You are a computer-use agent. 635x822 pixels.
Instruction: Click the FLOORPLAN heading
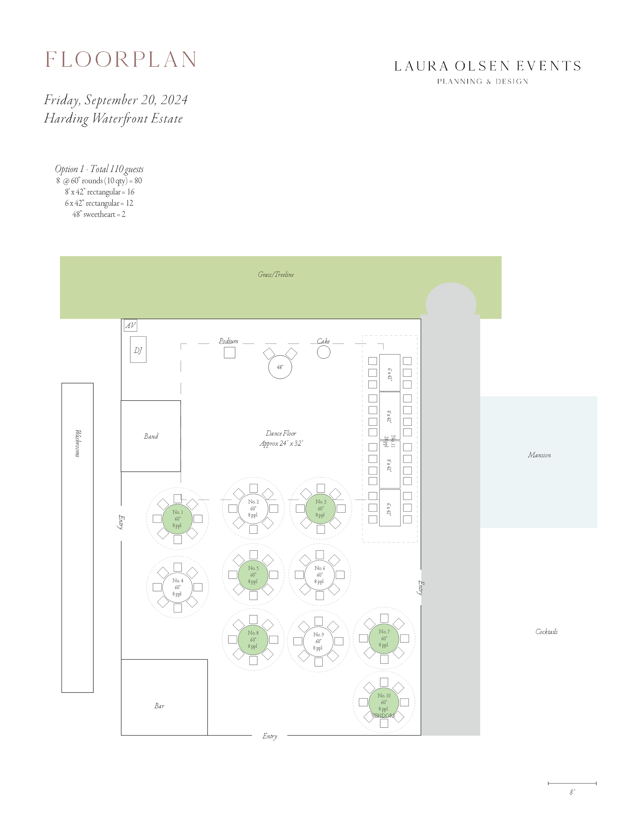(x=120, y=59)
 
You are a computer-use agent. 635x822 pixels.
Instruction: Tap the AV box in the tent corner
(x=130, y=325)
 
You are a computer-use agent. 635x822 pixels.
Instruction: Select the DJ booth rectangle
(x=138, y=350)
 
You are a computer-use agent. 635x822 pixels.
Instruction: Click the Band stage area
(x=151, y=436)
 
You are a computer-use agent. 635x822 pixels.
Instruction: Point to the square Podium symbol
(x=229, y=353)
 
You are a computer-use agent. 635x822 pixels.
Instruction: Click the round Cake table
(x=323, y=352)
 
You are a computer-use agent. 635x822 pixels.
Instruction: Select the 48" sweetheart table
(x=280, y=367)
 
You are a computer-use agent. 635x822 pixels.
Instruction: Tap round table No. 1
(x=177, y=519)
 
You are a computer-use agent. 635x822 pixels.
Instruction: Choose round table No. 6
(x=320, y=575)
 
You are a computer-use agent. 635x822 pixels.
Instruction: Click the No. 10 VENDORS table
(x=384, y=702)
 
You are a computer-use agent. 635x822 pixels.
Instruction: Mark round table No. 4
(x=177, y=587)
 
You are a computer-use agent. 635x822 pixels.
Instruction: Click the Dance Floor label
(x=281, y=438)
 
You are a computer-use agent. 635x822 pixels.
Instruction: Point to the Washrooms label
(x=77, y=443)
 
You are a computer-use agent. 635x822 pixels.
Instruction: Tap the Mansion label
(x=539, y=455)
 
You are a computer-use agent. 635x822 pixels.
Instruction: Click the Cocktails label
(x=546, y=631)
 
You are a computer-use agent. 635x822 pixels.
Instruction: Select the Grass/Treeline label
(x=276, y=274)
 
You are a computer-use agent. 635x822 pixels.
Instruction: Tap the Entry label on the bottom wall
(x=269, y=736)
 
